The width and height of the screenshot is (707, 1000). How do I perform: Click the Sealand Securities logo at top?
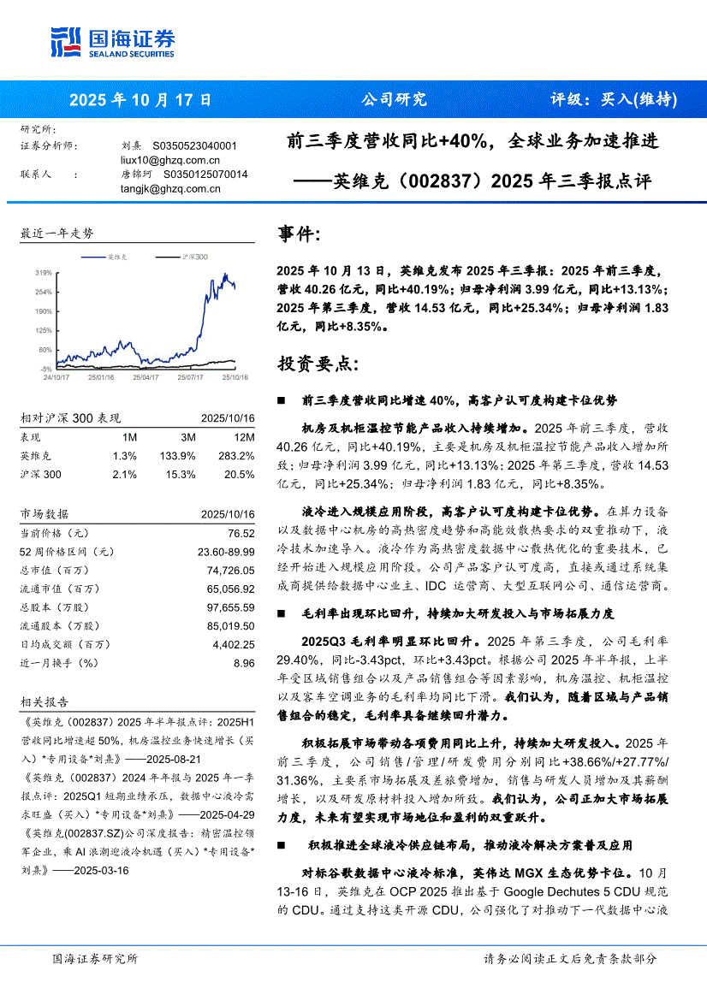coord(112,41)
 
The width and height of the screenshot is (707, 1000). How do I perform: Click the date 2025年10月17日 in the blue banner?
coord(140,99)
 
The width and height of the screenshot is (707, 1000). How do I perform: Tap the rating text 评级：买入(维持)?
coord(613,99)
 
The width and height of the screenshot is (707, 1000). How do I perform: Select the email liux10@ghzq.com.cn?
coord(170,160)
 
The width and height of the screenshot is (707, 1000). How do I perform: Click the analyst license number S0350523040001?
coord(194,146)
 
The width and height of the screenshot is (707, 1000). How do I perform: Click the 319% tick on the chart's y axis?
coord(43,273)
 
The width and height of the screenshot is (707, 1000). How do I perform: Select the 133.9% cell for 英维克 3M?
coord(181,456)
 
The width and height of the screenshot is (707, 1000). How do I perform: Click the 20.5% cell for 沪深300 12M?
coord(239,475)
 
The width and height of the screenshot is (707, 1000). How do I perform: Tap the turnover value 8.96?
coord(244,663)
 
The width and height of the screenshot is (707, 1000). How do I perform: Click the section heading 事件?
coord(300,234)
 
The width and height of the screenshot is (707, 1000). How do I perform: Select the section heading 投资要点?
coord(313,364)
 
